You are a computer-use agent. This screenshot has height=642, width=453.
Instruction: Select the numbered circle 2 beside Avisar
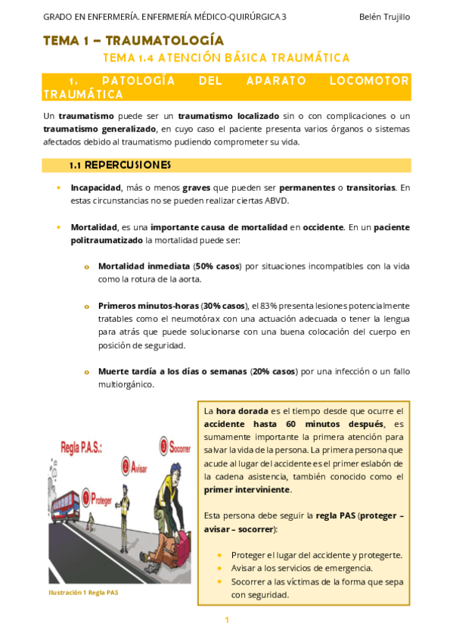coord(126,466)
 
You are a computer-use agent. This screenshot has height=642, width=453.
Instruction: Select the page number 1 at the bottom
coord(226,621)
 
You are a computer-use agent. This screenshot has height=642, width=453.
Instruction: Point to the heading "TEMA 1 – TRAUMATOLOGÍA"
coord(133,40)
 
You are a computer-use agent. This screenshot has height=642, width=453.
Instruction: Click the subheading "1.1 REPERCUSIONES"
coord(119,164)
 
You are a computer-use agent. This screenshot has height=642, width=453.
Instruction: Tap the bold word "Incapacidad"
coord(95,187)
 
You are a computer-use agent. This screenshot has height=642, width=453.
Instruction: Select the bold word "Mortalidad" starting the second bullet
coord(94,226)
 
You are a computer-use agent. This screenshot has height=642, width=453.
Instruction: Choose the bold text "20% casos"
coord(274,371)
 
